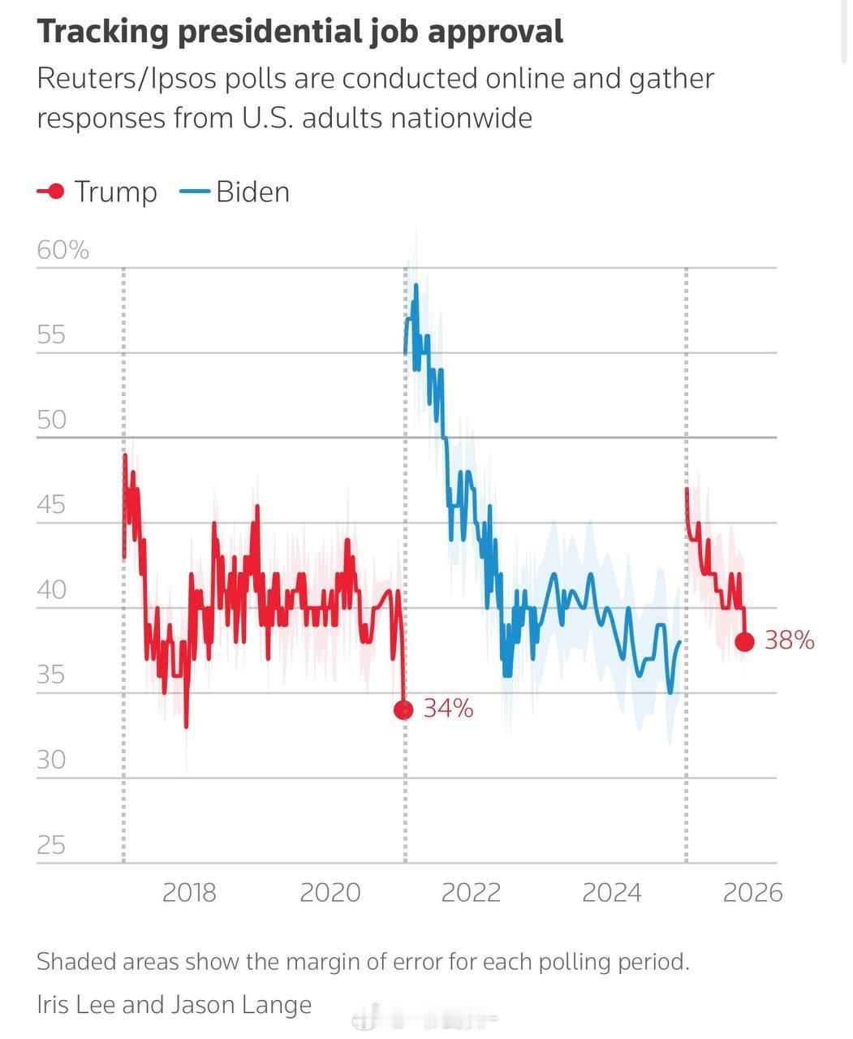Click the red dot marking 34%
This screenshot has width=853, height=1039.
403,710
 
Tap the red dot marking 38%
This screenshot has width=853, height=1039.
744,642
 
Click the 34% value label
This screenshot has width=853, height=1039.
448,709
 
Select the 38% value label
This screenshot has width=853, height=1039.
789,640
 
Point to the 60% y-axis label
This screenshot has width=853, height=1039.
62,250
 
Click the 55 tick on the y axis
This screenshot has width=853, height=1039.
51,334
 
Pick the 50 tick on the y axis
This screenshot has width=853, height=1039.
51,420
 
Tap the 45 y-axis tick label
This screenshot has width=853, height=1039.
51,505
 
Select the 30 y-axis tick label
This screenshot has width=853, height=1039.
51,760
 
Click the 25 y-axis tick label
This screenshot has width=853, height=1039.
51,845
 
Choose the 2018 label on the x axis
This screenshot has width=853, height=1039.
189,893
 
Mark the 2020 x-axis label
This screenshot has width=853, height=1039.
330,893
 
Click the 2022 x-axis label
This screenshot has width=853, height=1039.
471,893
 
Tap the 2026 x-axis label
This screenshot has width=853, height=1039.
752,893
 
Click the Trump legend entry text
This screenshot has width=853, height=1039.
115,192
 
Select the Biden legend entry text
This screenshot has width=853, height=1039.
252,192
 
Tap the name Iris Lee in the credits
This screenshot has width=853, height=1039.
76,1004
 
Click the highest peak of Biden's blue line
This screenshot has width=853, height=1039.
416,286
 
